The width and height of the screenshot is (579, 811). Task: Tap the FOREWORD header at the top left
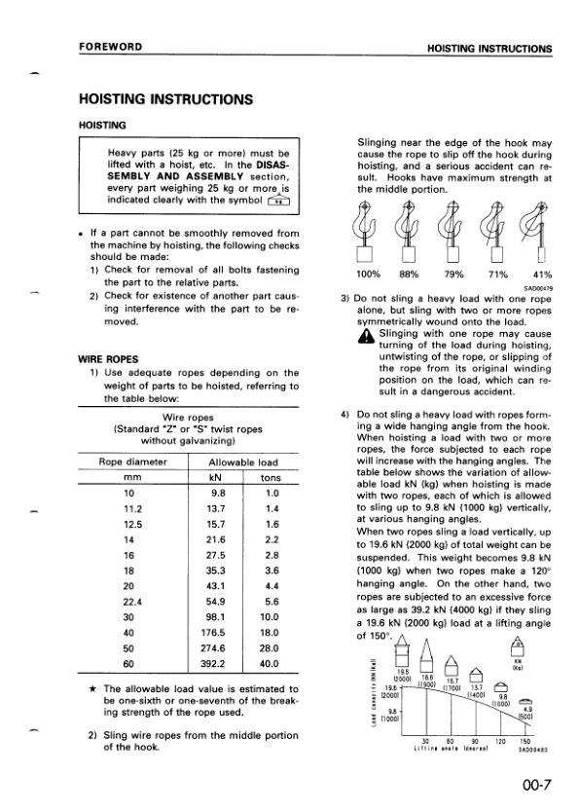112,47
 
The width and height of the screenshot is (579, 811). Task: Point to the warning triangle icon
365,337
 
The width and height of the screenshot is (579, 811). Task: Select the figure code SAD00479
538,288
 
